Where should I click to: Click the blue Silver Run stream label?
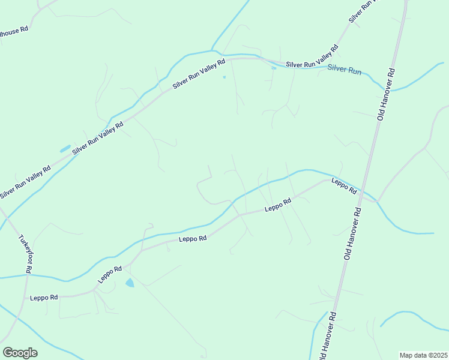(x=345, y=70)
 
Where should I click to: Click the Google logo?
(x=20, y=353)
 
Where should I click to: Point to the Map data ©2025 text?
(x=423, y=355)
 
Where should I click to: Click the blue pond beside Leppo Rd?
(x=130, y=282)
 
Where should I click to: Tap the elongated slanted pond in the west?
(x=65, y=148)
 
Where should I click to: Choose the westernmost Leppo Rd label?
(x=44, y=298)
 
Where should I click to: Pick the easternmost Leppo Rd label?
(x=345, y=187)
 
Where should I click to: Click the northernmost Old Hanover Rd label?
(x=386, y=94)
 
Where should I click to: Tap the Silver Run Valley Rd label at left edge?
(x=26, y=182)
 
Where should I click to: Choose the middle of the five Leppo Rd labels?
(x=193, y=238)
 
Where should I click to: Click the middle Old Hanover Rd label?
(x=352, y=233)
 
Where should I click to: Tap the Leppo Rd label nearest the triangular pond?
(x=110, y=274)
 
